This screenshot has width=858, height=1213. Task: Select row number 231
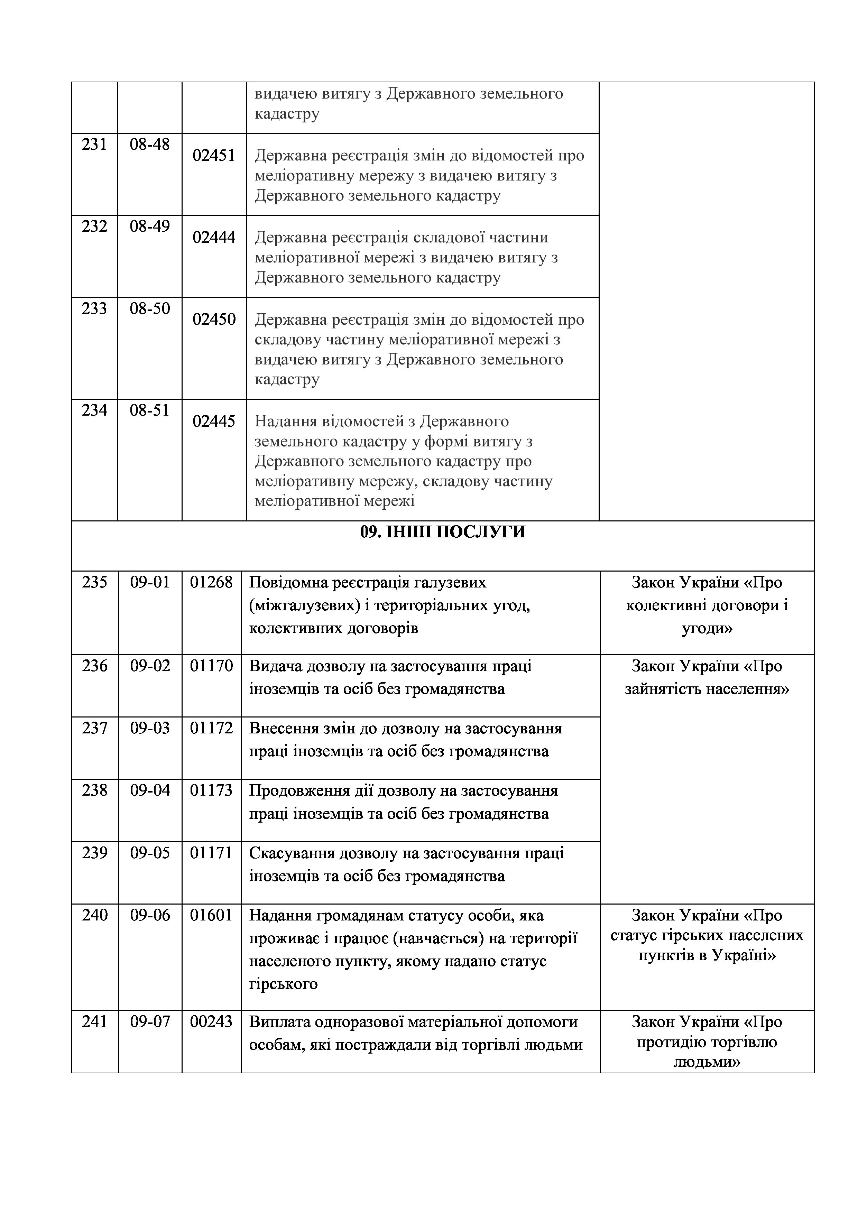point(94,144)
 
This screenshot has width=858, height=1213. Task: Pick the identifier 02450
point(214,319)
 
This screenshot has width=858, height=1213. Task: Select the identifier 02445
point(214,421)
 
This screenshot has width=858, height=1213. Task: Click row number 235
point(94,582)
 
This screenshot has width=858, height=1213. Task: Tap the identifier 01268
point(211,582)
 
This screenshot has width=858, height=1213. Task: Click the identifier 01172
point(211,728)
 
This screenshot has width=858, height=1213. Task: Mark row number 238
point(94,790)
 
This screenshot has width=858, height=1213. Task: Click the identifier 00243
point(211,1022)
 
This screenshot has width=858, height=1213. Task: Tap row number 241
point(94,1022)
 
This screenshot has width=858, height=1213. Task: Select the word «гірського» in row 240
point(283,984)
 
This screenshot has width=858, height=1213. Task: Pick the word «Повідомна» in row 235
point(288,582)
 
